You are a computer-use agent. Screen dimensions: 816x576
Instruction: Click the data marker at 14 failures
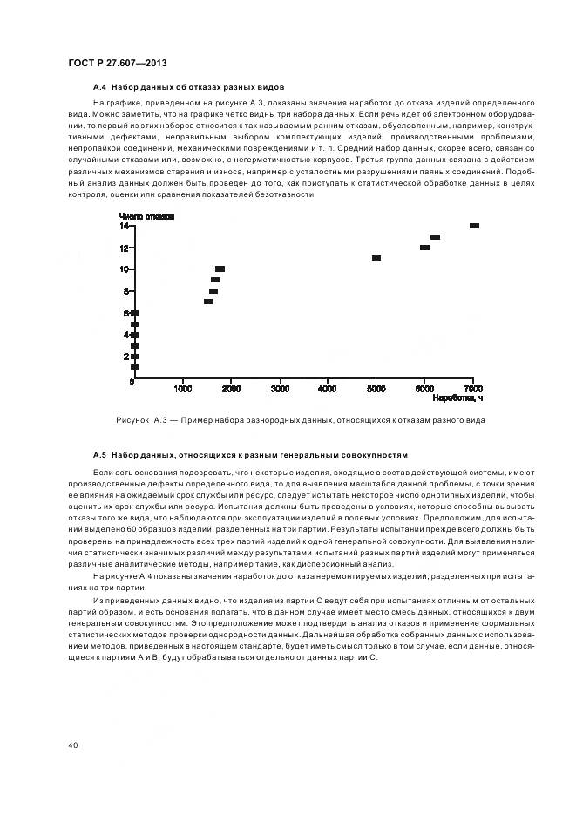(x=474, y=226)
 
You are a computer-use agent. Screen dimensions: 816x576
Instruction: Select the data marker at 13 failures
(x=435, y=237)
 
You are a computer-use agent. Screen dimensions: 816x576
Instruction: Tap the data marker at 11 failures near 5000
(x=376, y=258)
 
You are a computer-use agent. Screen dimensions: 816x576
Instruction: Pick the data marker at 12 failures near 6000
(x=424, y=248)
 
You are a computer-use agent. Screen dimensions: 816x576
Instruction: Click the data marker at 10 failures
(x=220, y=269)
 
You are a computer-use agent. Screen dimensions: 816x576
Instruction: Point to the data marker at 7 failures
(x=208, y=302)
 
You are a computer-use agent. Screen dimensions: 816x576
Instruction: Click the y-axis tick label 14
(x=125, y=226)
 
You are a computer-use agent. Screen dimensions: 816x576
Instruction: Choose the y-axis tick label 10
(x=125, y=269)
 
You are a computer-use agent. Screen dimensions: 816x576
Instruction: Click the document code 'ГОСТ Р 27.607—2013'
(x=117, y=65)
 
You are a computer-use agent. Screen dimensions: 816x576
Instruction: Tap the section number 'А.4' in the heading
(x=99, y=88)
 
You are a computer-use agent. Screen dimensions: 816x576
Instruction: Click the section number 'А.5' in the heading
(x=99, y=456)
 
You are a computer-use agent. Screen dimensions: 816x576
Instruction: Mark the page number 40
(x=73, y=745)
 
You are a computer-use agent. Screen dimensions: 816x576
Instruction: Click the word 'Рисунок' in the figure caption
(x=132, y=420)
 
